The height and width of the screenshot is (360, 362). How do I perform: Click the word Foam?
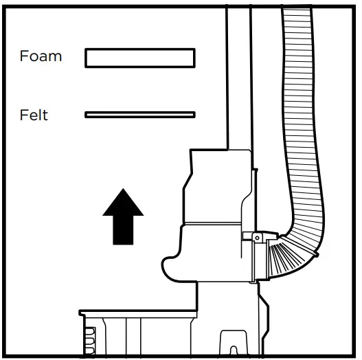click(41, 56)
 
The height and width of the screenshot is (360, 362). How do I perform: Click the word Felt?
click(34, 115)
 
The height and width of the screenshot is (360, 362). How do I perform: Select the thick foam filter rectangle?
click(140, 58)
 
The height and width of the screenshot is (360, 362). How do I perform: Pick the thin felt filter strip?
click(140, 115)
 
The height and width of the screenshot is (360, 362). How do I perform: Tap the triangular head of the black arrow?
click(123, 204)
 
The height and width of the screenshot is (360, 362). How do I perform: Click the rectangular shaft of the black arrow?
click(123, 230)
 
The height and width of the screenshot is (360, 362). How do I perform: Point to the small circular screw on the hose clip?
click(257, 238)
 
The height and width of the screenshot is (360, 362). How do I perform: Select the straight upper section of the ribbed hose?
click(299, 92)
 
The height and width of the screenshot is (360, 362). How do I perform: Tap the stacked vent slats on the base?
click(90, 341)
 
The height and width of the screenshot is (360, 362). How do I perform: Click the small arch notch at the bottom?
click(234, 350)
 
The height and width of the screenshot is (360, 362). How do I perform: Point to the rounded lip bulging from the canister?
click(171, 268)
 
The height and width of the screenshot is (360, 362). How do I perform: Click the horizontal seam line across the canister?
click(212, 223)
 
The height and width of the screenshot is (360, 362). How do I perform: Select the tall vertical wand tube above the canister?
click(239, 78)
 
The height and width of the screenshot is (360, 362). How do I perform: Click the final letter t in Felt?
click(45, 115)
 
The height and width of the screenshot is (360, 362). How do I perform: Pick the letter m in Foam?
click(56, 58)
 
